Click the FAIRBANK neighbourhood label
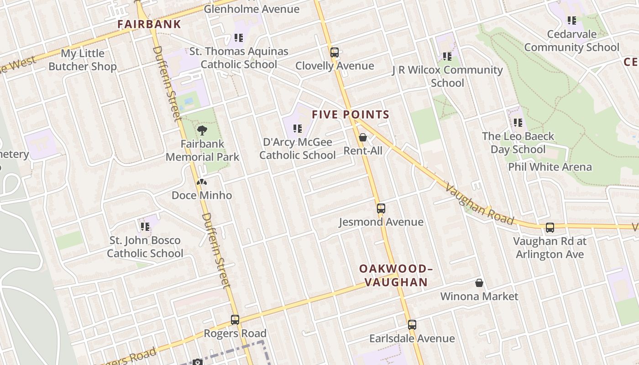tap(149, 24)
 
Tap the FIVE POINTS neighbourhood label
tap(351, 115)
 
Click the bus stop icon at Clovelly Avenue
tap(335, 52)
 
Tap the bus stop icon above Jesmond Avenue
tap(381, 209)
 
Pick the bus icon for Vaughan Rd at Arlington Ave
tap(550, 228)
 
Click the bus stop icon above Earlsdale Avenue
tap(412, 325)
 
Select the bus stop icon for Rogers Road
tap(235, 320)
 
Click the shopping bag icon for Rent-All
tap(363, 137)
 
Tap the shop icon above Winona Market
tap(479, 283)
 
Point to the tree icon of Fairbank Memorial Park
tap(202, 131)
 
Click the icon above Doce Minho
tap(202, 182)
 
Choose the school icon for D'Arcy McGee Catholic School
tap(298, 129)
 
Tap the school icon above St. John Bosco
tap(145, 227)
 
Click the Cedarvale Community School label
tap(571, 41)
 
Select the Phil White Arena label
tap(550, 167)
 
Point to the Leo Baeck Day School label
tap(518, 143)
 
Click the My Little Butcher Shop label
tap(83, 60)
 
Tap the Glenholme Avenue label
tap(251, 9)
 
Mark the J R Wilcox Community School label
tap(447, 76)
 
